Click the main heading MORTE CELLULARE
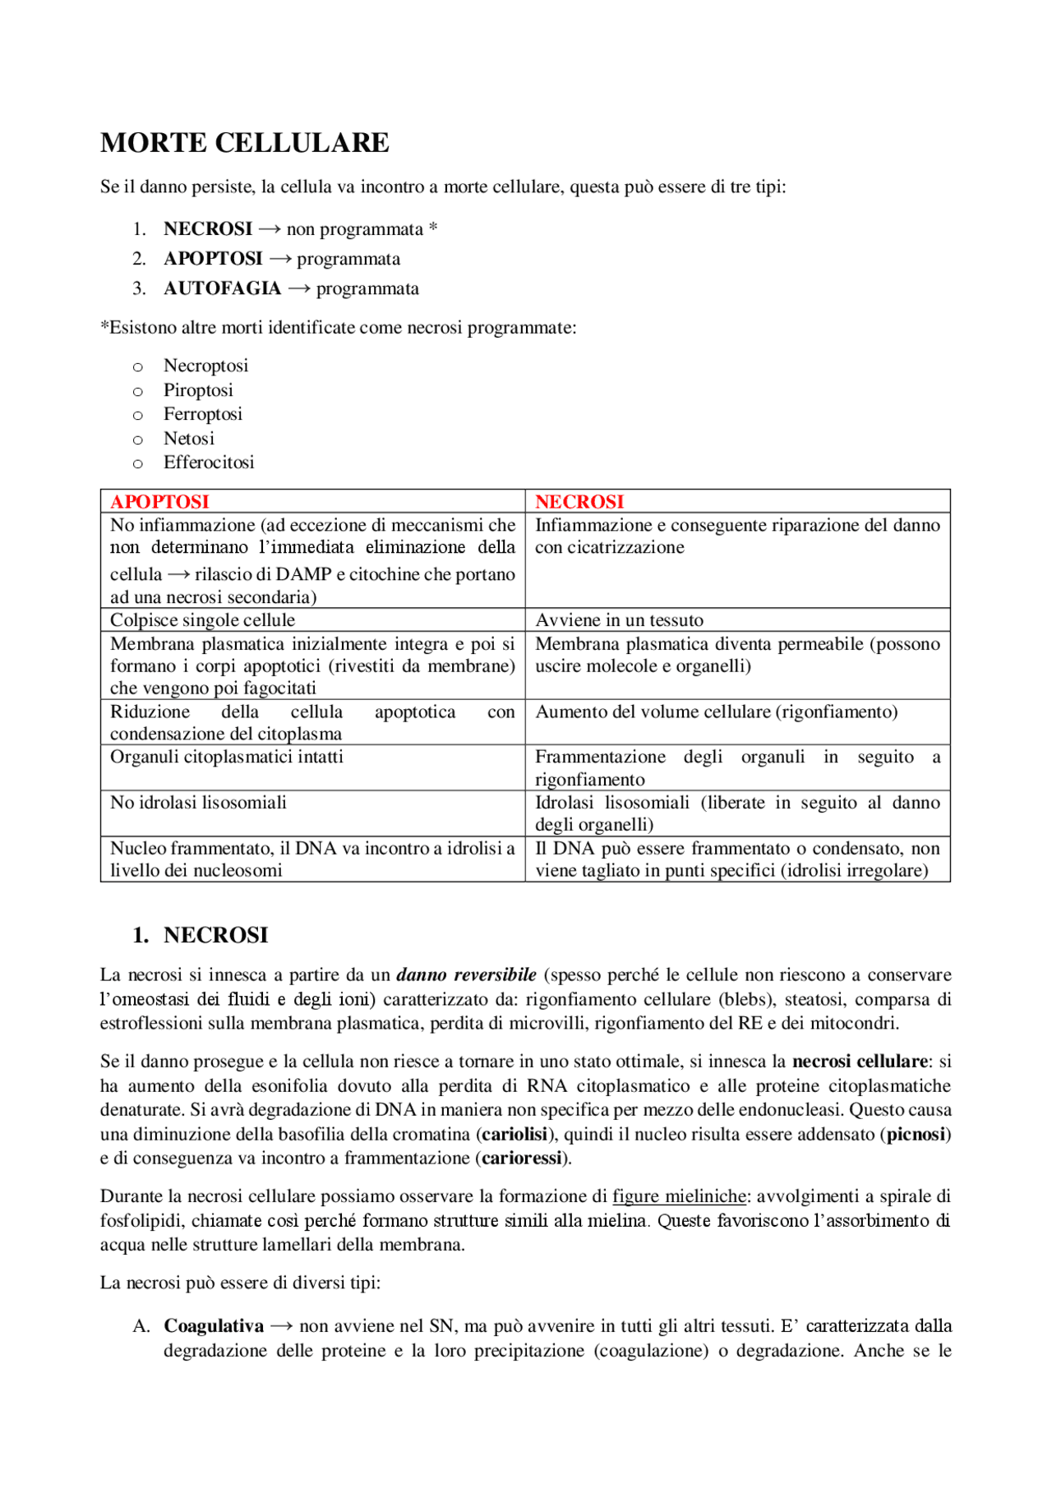tap(244, 143)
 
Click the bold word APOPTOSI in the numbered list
tap(213, 259)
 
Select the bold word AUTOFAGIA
tap(222, 288)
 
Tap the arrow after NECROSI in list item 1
tap(269, 229)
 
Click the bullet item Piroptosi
tap(198, 390)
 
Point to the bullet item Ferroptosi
tap(202, 414)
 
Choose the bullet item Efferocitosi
tap(209, 463)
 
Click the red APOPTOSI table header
tap(159, 501)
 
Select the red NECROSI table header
tap(579, 501)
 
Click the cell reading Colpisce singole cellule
tap(202, 620)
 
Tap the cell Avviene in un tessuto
tap(619, 620)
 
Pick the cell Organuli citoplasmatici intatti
tap(226, 757)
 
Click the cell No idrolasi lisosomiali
tap(198, 803)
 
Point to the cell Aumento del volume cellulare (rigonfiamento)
tap(716, 712)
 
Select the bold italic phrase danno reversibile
tap(466, 975)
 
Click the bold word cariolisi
tap(514, 1135)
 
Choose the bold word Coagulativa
tap(214, 1326)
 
